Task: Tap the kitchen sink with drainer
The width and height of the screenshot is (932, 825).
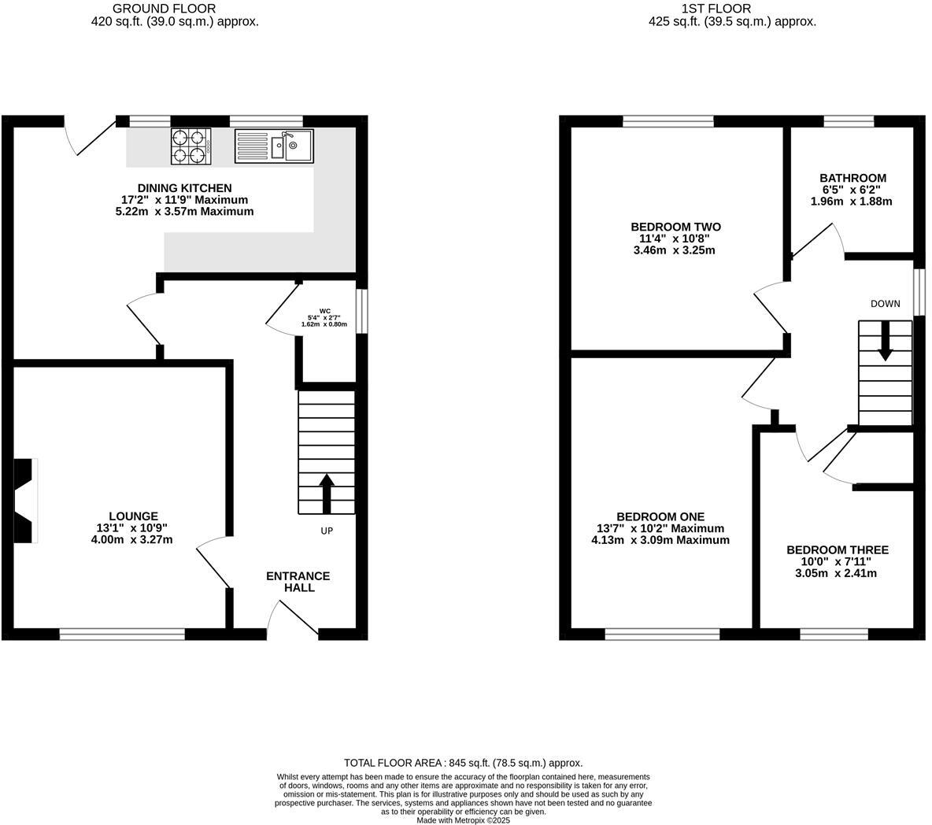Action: [273, 146]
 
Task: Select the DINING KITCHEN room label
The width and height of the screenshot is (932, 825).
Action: [185, 188]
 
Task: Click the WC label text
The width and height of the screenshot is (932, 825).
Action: [325, 311]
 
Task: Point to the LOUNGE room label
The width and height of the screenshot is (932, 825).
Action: [134, 516]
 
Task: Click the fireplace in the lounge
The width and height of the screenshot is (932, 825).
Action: [25, 501]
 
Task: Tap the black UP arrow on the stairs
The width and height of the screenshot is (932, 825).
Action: [327, 492]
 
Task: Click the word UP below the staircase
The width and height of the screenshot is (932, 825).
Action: [327, 531]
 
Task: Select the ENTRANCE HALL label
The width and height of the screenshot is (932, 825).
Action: [298, 582]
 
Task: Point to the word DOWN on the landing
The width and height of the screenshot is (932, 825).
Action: [886, 304]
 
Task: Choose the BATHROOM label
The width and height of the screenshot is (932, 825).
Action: [852, 178]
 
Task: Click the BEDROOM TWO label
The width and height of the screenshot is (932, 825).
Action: [675, 227]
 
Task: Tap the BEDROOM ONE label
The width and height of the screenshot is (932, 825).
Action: [660, 516]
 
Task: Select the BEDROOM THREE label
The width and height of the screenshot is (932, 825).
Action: [838, 549]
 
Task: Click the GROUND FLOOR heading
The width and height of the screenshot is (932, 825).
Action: [175, 9]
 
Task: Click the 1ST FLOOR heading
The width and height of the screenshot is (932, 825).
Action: [732, 9]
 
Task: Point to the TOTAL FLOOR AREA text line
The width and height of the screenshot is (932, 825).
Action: [463, 763]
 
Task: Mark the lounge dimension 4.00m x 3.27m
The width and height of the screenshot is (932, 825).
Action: [131, 540]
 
